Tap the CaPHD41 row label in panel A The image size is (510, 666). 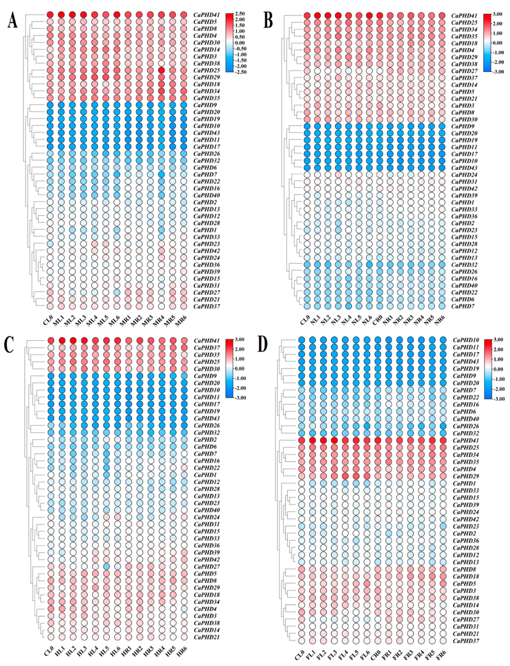pyautogui.click(x=207, y=15)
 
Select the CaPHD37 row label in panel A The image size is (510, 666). pyautogui.click(x=207, y=306)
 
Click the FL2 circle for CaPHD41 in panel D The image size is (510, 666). pyautogui.click(x=323, y=440)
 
